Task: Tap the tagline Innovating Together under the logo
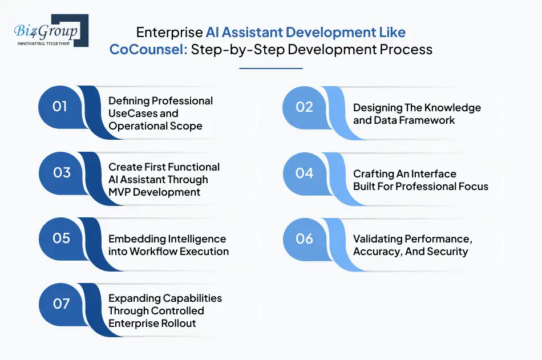(x=44, y=43)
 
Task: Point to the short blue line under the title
(x=270, y=68)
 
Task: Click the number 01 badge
(x=60, y=107)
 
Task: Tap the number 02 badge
(x=304, y=107)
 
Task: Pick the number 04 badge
(x=304, y=173)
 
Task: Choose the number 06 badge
(x=304, y=238)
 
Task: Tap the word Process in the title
(x=406, y=49)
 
